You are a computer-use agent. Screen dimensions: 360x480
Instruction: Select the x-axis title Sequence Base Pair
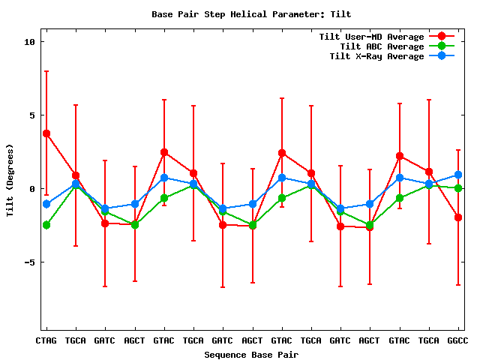250,354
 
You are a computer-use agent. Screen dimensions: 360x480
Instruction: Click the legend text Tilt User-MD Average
371,37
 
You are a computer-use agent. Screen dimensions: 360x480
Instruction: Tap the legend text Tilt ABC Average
382,46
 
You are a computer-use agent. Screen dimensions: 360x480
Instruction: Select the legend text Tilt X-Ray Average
376,56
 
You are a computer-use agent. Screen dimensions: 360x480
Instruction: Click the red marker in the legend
442,37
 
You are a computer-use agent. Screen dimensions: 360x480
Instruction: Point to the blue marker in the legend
442,56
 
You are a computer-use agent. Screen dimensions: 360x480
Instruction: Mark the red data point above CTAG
46,133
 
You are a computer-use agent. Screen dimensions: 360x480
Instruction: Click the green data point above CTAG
46,225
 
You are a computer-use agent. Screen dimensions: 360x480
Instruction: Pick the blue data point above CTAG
46,204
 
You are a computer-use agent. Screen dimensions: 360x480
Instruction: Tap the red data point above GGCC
458,217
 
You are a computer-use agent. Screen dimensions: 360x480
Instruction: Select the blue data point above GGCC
458,175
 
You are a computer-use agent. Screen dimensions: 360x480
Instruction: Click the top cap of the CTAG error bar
46,71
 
